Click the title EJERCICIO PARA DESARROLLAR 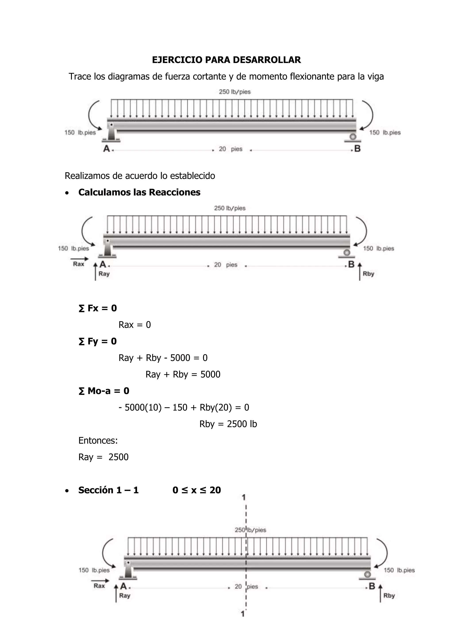[x=226, y=60]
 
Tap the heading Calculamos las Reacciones [x=139, y=192]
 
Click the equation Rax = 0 [x=135, y=325]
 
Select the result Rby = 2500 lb [x=228, y=424]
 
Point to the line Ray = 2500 [x=104, y=457]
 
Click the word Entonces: [x=98, y=440]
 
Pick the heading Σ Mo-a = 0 [x=104, y=391]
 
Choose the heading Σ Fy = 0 [x=98, y=341]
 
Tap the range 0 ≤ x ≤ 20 [x=197, y=490]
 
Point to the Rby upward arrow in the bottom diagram [x=380, y=593]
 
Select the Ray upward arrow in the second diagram [x=95, y=271]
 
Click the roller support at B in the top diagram [x=353, y=137]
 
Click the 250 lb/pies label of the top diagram [x=235, y=92]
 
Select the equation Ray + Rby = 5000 [x=183, y=374]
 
